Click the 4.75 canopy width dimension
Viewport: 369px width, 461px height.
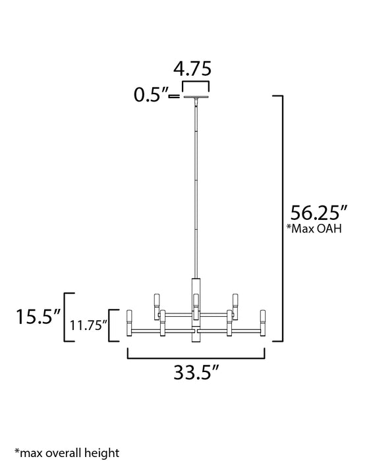[196, 69]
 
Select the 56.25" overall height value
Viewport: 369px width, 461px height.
[318, 214]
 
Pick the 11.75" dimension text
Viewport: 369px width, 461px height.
[88, 325]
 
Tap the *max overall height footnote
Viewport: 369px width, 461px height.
[63, 454]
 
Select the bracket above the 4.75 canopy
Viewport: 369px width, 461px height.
[196, 85]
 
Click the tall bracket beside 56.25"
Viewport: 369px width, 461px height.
[280, 217]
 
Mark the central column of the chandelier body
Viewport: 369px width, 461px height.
[196, 310]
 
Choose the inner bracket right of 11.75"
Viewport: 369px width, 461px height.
[113, 325]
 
